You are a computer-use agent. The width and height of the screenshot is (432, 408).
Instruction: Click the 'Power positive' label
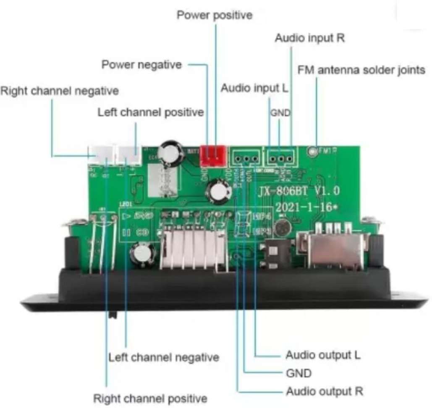point(215,16)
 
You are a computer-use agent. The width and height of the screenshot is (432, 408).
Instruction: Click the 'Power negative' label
point(142,65)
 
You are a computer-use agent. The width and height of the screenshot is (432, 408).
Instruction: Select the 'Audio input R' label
point(309,38)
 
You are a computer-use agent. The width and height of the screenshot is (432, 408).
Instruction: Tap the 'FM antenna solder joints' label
point(361,70)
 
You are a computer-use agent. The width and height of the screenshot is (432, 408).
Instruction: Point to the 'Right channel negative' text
point(59,91)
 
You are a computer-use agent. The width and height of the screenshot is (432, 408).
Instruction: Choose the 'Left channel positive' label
point(150,112)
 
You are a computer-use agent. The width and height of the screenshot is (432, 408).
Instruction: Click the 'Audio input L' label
point(256,89)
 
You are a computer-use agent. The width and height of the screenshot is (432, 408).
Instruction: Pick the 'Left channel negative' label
point(164,358)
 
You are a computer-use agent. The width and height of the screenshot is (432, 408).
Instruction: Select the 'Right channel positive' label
point(150,398)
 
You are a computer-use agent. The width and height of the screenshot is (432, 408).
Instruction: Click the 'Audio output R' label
point(324,392)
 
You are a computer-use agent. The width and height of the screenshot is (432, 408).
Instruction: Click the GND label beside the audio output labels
point(298,373)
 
